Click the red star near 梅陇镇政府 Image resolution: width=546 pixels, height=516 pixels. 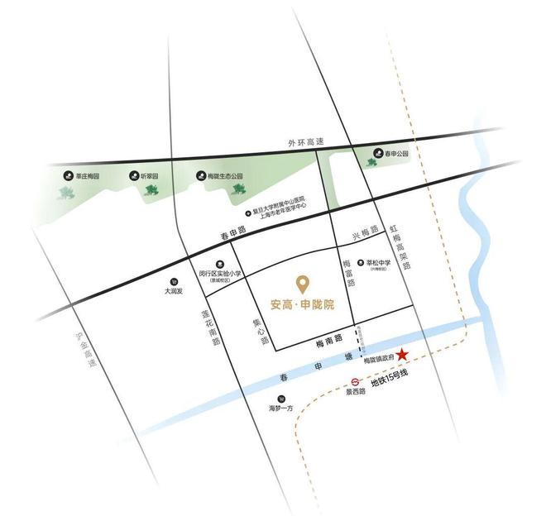coord(402,355)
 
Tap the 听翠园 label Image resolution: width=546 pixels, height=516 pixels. coord(151,175)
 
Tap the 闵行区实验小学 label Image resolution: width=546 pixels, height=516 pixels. coord(221,273)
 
